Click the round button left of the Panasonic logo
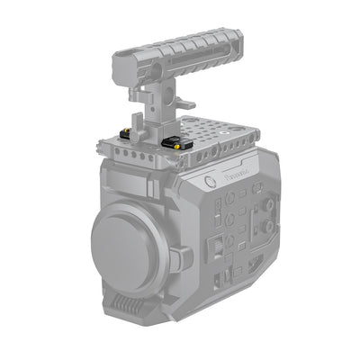tap(209, 181)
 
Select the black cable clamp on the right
tap(175, 142)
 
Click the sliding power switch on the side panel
tap(216, 246)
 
